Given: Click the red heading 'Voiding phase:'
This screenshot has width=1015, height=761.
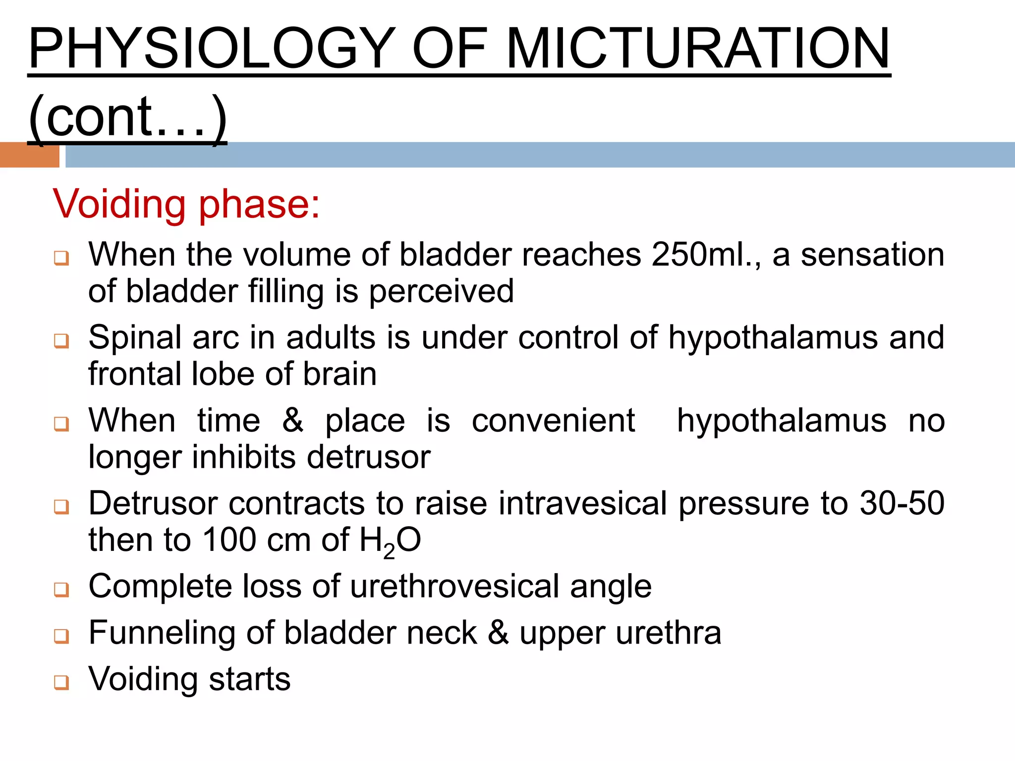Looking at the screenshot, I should pos(187,204).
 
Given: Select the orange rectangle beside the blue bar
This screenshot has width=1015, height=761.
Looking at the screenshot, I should pos(29,155).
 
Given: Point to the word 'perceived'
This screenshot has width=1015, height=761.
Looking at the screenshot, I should pos(441,291).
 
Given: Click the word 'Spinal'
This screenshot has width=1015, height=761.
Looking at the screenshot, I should pos(135,338).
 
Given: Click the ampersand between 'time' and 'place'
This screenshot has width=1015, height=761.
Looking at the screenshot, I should pos(293,420).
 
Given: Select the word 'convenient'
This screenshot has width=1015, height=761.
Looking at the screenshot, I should pos(553,421).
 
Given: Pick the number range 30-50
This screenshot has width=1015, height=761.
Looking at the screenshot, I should pos(902,503).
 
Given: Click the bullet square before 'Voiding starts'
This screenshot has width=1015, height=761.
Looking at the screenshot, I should pos(61,682).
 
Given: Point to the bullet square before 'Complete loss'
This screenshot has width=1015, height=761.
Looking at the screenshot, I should pos(61,590).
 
